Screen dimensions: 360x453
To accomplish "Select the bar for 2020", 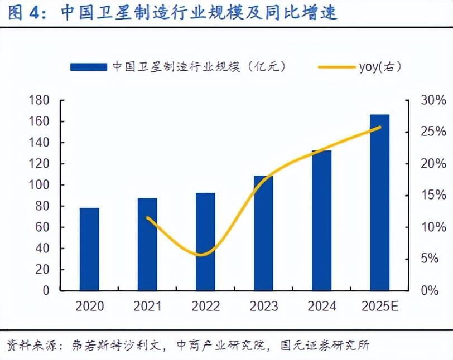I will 89,249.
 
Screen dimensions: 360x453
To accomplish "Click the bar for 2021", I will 147,244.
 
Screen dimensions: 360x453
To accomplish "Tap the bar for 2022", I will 205,241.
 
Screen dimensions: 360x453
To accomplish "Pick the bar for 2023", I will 263,233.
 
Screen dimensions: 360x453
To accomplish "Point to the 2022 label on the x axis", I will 205,307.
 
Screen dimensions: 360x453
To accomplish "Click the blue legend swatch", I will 88,67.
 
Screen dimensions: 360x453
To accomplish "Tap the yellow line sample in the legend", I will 336,67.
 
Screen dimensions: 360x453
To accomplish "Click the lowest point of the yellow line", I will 203,255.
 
